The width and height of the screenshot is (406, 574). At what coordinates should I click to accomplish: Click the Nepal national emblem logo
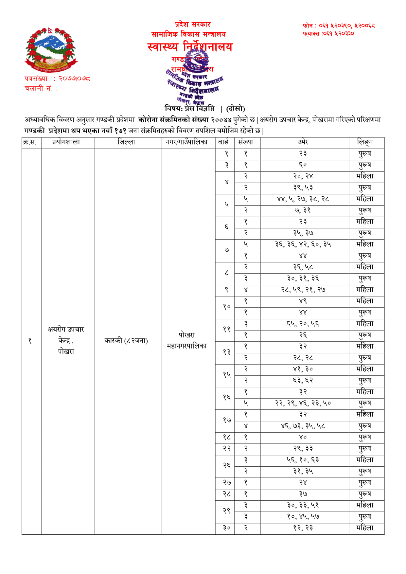pos(51,50)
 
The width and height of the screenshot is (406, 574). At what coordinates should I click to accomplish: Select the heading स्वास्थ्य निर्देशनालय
pos(190,47)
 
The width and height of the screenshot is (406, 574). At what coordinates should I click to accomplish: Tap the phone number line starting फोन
pos(339,26)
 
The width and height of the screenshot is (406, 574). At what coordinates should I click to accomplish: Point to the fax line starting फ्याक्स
pos(328,33)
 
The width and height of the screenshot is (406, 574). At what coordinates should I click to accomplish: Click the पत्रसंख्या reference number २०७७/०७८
pos(74,79)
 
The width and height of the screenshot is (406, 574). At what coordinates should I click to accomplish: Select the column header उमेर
pos(303,142)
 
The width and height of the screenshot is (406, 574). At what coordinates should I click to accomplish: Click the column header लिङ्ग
pos(365,142)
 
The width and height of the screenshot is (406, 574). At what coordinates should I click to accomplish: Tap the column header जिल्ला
pos(126,142)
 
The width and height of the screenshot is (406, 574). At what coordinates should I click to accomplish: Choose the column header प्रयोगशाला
pos(66,142)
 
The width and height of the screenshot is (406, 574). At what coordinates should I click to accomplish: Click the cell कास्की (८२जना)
pos(126,341)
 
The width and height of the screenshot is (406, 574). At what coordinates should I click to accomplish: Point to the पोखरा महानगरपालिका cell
pos(187,340)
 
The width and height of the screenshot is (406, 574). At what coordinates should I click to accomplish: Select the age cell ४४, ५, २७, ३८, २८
pos(303,199)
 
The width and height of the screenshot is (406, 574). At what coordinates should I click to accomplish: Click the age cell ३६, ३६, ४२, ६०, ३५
pos(303,244)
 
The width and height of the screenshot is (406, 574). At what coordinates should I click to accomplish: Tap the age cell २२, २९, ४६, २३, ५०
pos(303,403)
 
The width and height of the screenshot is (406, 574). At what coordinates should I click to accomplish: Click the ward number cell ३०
pos(226,528)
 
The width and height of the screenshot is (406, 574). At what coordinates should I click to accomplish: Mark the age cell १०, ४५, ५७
pos(303,517)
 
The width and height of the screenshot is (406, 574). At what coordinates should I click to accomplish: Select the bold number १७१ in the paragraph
pos(120,131)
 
